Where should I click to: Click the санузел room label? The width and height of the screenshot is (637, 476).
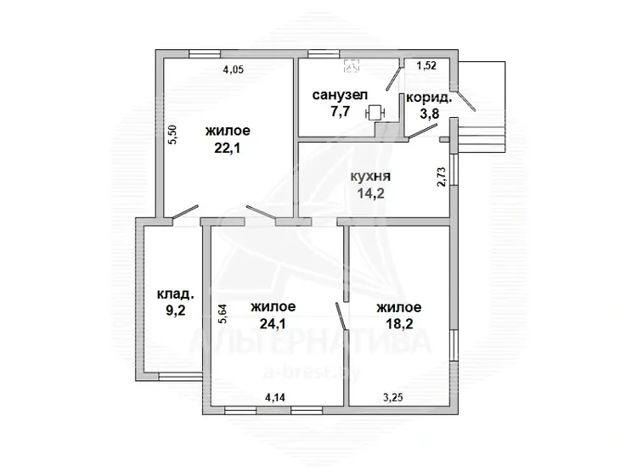coord(340,95)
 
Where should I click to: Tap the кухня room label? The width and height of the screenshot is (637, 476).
coord(370,176)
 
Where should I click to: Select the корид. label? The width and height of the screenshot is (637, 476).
coord(429,98)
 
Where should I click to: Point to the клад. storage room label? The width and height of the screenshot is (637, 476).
coord(176,294)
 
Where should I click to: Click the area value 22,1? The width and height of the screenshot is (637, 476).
coord(228,148)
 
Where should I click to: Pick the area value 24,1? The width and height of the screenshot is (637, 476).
coord(273,323)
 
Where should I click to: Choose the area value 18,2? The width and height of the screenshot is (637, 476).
coord(400,323)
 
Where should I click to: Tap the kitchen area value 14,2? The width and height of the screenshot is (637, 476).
coord(370,193)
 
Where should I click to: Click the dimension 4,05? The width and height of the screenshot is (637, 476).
coord(234,70)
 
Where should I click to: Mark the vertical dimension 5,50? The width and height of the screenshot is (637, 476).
coord(172,134)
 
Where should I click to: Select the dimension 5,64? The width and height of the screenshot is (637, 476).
coord(223,314)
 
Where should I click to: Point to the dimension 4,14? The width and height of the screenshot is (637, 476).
coord(275,397)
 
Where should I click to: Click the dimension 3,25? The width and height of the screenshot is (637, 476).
coord(393,397)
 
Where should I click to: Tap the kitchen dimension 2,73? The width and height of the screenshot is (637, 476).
coord(442,177)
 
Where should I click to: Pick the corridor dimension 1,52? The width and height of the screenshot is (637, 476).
coord(426,65)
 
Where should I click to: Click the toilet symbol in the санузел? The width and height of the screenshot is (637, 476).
coord(375,113)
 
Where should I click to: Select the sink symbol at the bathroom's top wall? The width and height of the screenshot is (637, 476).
coord(352,65)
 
